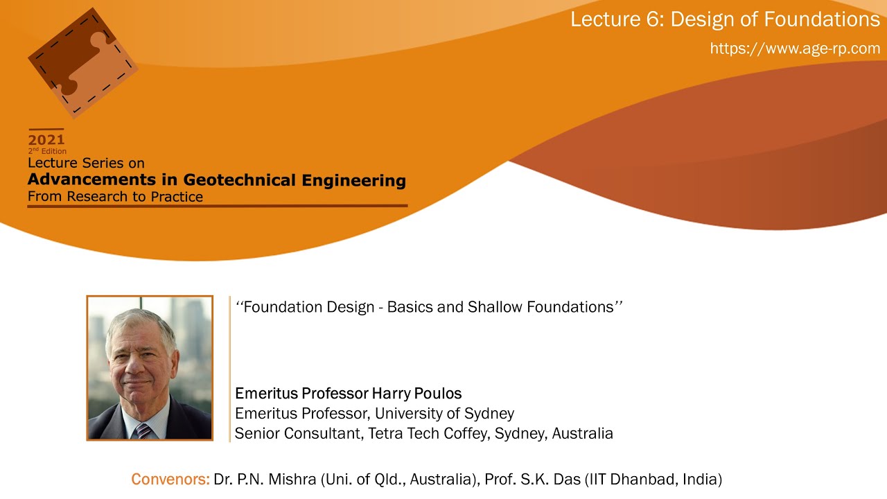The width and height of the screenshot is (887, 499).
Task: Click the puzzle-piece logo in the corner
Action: [82, 62]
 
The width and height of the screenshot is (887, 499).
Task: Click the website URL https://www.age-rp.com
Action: [795, 49]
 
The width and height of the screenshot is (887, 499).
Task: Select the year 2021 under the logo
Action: [46, 139]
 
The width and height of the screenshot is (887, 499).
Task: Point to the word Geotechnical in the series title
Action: [240, 180]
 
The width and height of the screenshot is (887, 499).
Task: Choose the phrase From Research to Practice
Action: [115, 197]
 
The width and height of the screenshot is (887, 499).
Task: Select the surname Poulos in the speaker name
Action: [437, 394]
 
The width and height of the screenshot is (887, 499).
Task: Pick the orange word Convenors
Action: [170, 479]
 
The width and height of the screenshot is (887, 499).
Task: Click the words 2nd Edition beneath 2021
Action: [47, 151]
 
